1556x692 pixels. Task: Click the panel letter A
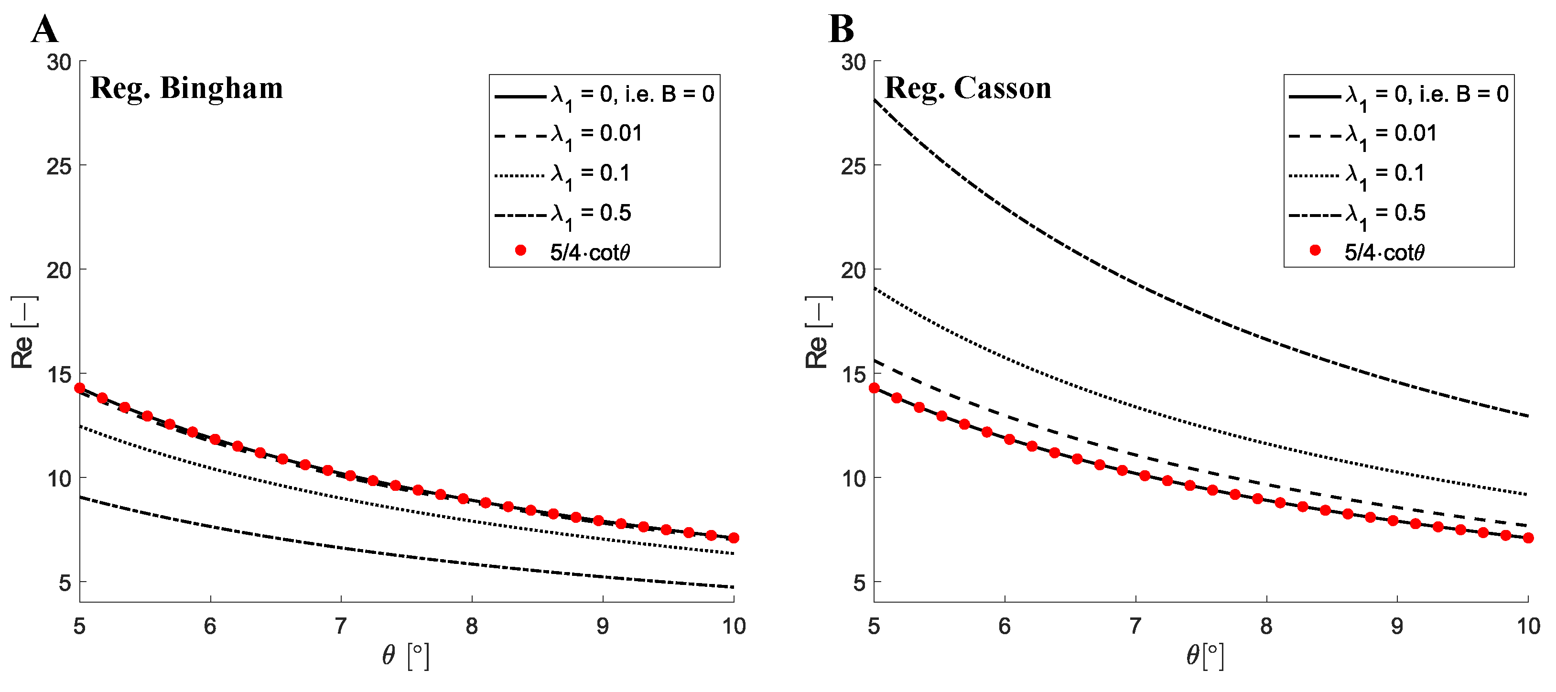(45, 30)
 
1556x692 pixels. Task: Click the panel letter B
(841, 30)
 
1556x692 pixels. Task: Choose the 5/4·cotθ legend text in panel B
(1384, 252)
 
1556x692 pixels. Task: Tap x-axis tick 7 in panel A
(341, 626)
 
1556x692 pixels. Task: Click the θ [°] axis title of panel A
(405, 656)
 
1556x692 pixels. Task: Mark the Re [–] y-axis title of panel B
(817, 332)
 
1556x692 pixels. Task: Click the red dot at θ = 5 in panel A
(80, 388)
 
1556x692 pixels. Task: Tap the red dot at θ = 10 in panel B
(1528, 538)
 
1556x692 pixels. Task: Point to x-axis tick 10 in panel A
(733, 626)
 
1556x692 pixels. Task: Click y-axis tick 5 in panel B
(858, 583)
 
